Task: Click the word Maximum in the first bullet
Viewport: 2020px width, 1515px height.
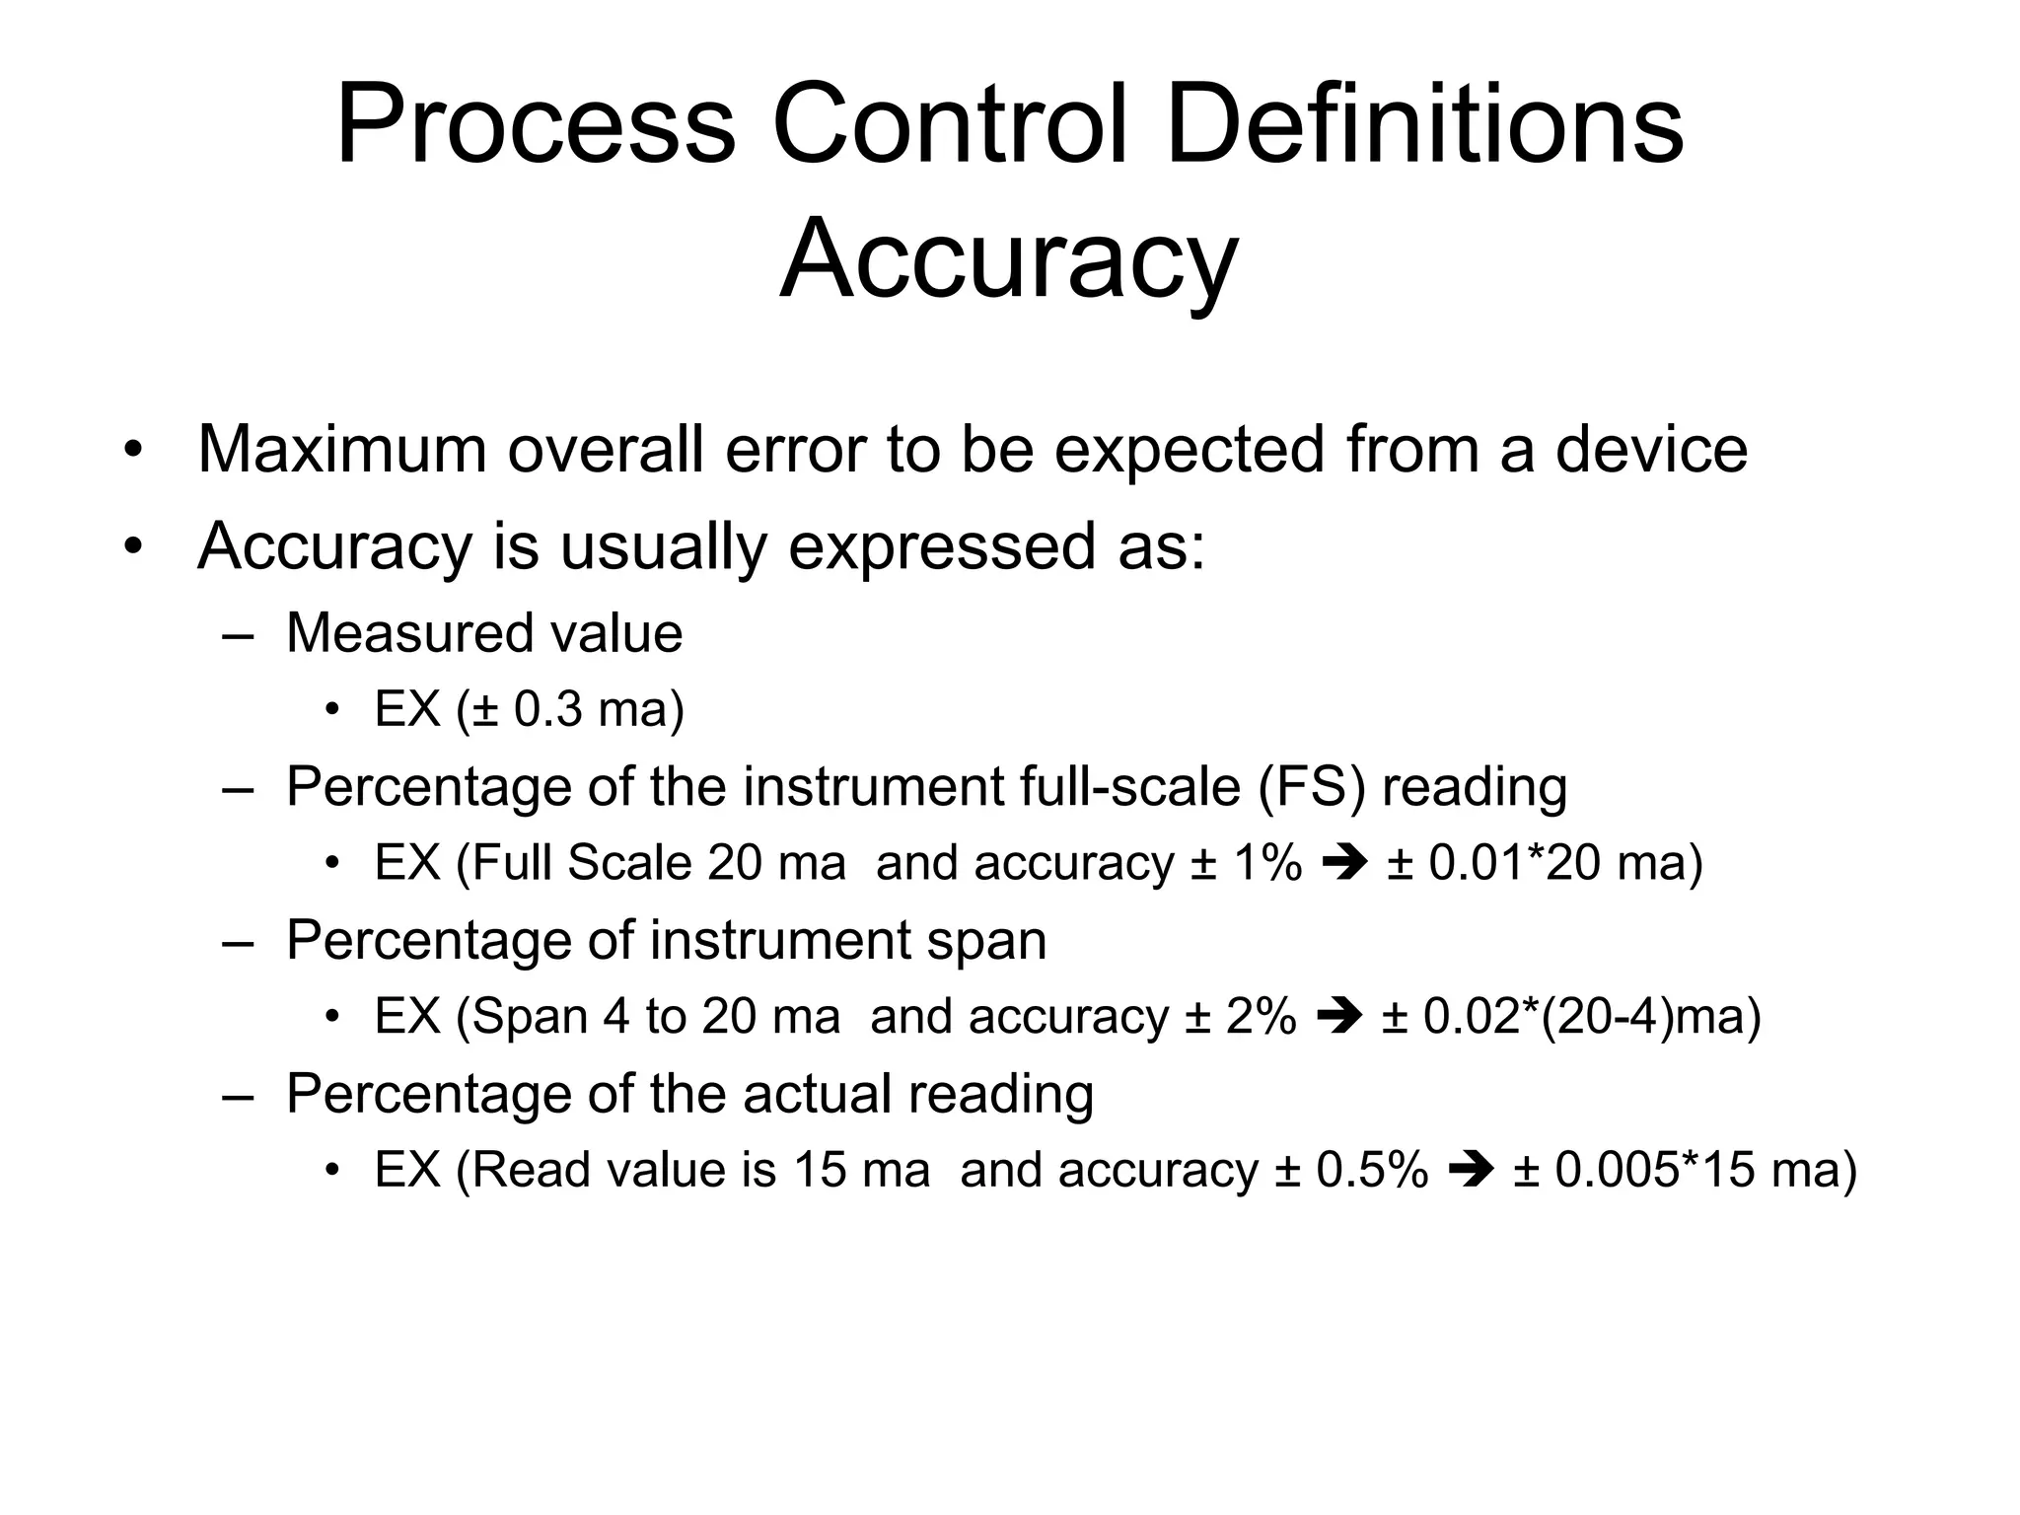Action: (342, 450)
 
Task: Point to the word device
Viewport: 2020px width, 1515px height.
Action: (1651, 450)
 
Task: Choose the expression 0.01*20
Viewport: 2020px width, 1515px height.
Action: (1514, 864)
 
